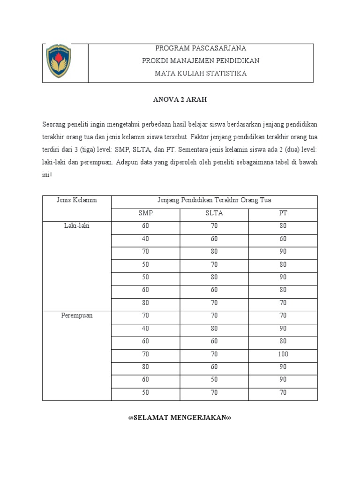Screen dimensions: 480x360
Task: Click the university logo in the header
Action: pos(59,61)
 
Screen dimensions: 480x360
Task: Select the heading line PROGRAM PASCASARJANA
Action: pos(201,48)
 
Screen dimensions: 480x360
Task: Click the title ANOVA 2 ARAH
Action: pos(180,100)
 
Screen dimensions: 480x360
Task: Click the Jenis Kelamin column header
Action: pos(77,200)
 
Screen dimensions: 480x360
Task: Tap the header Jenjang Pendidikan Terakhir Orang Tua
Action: pos(214,200)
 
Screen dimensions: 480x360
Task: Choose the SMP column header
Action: pos(145,213)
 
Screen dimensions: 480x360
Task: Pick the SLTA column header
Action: pos(214,213)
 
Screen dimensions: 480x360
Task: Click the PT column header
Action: pos(283,213)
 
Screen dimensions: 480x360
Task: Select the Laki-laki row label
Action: pos(77,226)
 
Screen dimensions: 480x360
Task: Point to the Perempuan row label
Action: pos(77,315)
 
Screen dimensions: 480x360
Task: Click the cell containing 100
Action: pos(283,354)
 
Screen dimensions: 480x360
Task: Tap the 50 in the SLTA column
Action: pos(214,380)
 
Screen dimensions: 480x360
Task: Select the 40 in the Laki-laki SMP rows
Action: pos(145,239)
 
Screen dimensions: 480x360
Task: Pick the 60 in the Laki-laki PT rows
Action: pos(283,239)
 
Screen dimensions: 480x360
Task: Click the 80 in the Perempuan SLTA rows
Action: pos(214,328)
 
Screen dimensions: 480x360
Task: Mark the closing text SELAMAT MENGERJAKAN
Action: pos(180,417)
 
